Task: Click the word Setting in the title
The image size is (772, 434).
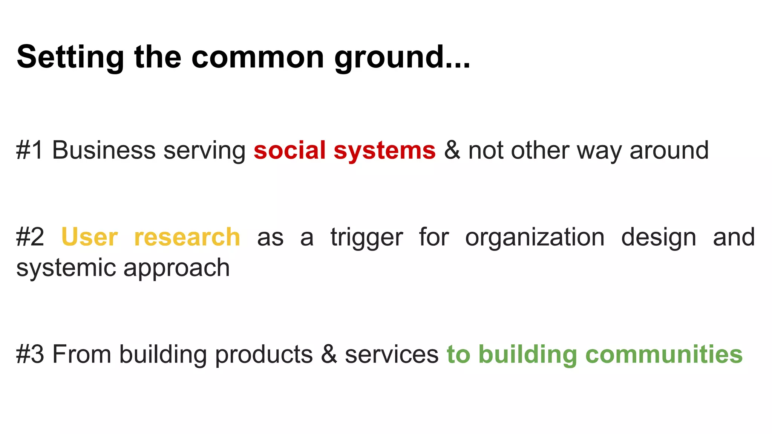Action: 70,57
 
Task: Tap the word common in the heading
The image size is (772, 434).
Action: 258,57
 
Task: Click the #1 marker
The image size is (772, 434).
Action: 30,150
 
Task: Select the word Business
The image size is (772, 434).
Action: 103,150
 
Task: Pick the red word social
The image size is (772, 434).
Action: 289,150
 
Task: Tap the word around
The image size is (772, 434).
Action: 669,150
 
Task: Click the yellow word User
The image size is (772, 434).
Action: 89,237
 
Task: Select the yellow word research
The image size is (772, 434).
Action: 187,237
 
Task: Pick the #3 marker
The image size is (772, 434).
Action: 30,355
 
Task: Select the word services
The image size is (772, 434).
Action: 392,355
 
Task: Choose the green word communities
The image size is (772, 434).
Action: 663,355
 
